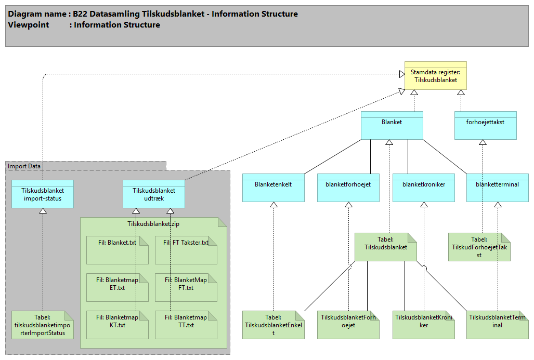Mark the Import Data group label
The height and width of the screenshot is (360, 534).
(x=23, y=166)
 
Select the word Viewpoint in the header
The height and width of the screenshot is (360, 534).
(x=29, y=25)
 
